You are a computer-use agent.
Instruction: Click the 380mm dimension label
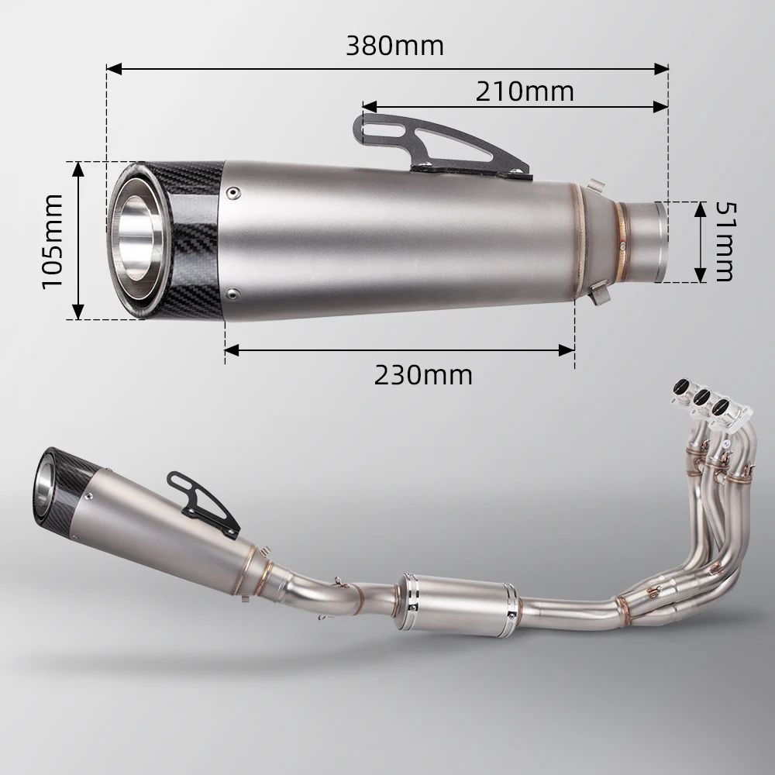(x=394, y=46)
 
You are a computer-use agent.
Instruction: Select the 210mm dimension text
(x=525, y=91)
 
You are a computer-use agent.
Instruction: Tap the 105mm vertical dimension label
(x=53, y=241)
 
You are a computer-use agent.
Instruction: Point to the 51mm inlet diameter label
(x=723, y=242)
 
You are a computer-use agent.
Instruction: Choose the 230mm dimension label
(x=423, y=375)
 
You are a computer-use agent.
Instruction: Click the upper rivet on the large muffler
(x=232, y=188)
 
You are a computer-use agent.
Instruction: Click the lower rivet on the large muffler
(x=232, y=293)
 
